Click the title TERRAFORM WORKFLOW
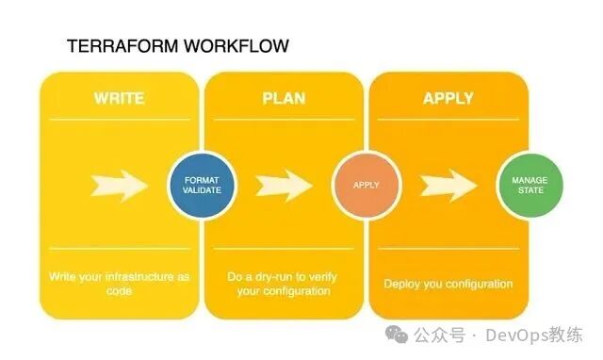pos(177,45)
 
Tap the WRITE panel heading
pos(119,99)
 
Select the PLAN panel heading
pos(283,99)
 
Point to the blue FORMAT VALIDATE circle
pos(201,185)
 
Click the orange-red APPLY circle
pos(366,185)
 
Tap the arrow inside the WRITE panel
pos(120,185)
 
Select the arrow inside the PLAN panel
pos(283,185)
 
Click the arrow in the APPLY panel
pos(448,185)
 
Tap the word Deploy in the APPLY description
pos(401,284)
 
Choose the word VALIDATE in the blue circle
pos(201,191)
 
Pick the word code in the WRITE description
pos(119,292)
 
